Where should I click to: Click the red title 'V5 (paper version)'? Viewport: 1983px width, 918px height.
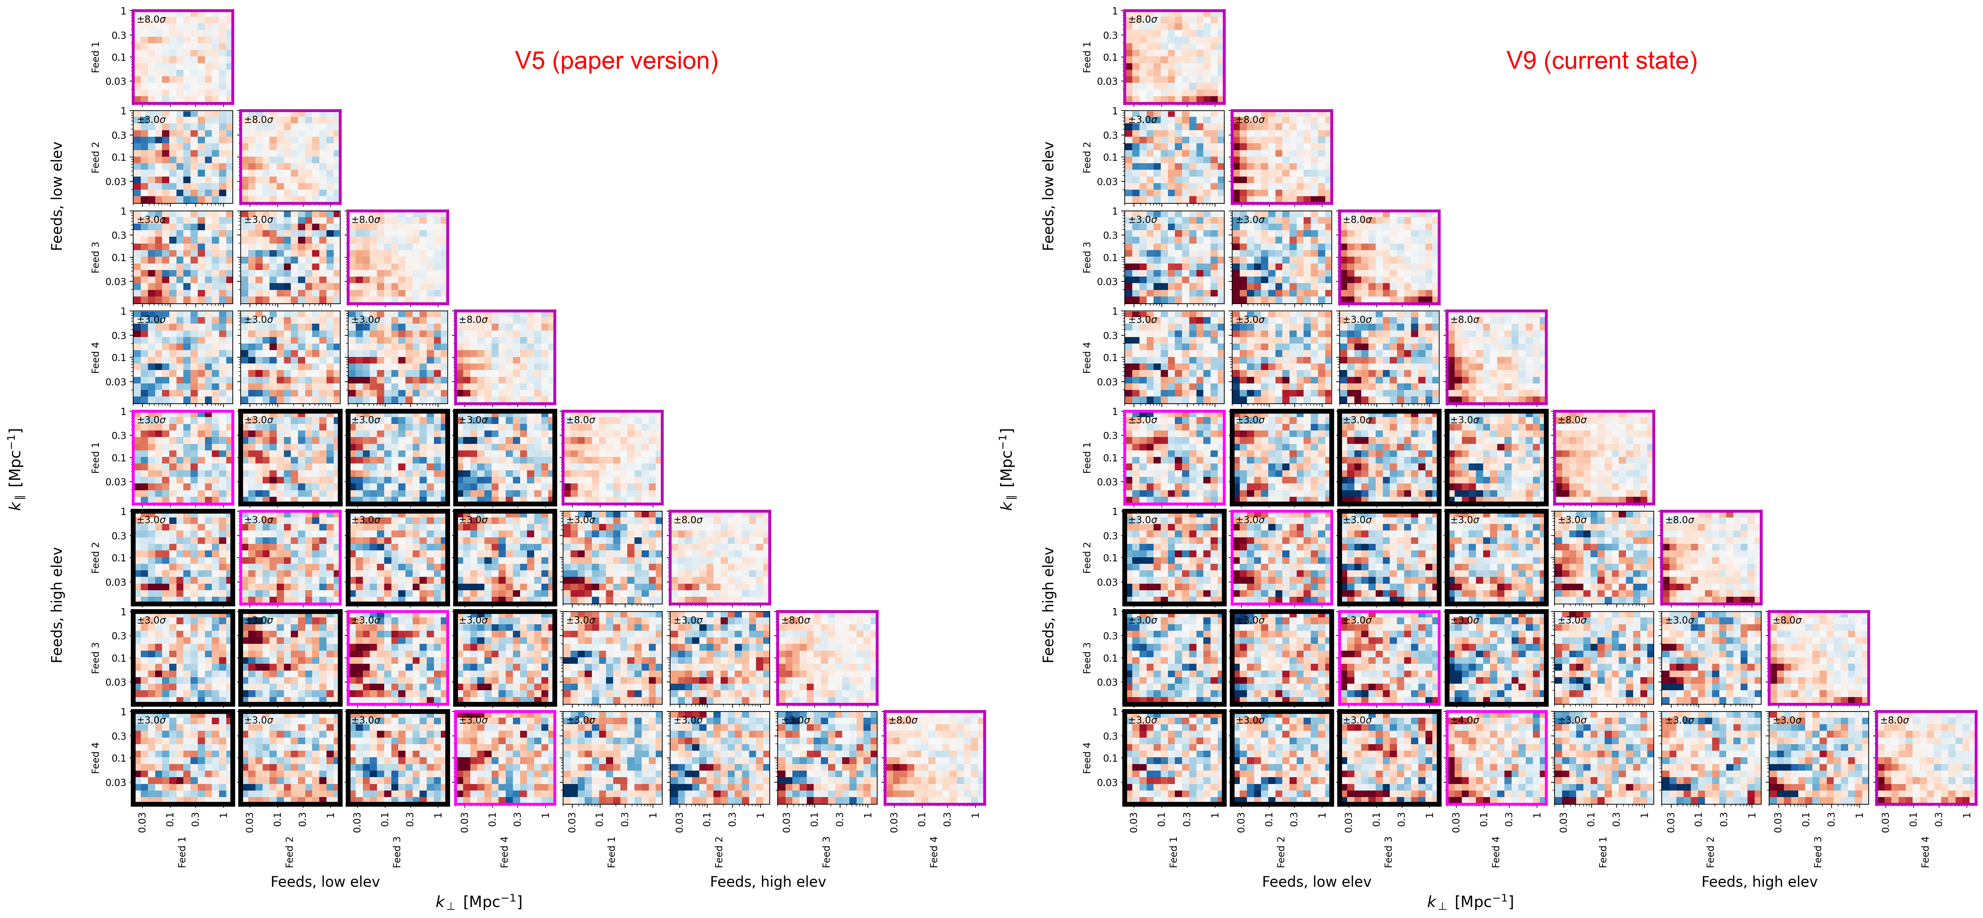[x=616, y=61]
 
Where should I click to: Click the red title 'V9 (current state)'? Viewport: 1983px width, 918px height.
[x=1601, y=61]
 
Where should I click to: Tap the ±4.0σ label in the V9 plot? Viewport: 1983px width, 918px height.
[x=1464, y=720]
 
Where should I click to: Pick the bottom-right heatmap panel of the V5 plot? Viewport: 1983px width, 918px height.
[x=934, y=758]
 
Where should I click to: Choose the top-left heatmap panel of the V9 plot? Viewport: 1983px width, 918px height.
[x=1174, y=57]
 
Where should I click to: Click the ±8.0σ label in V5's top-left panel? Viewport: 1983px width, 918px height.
[x=152, y=19]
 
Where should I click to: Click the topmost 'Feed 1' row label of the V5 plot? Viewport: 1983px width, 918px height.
[x=95, y=57]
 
